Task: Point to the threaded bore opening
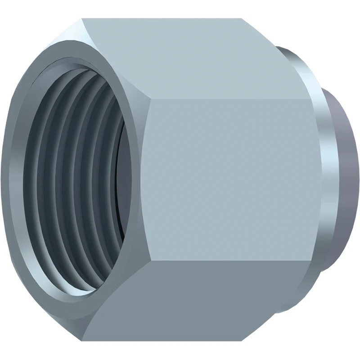pos(76,180)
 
